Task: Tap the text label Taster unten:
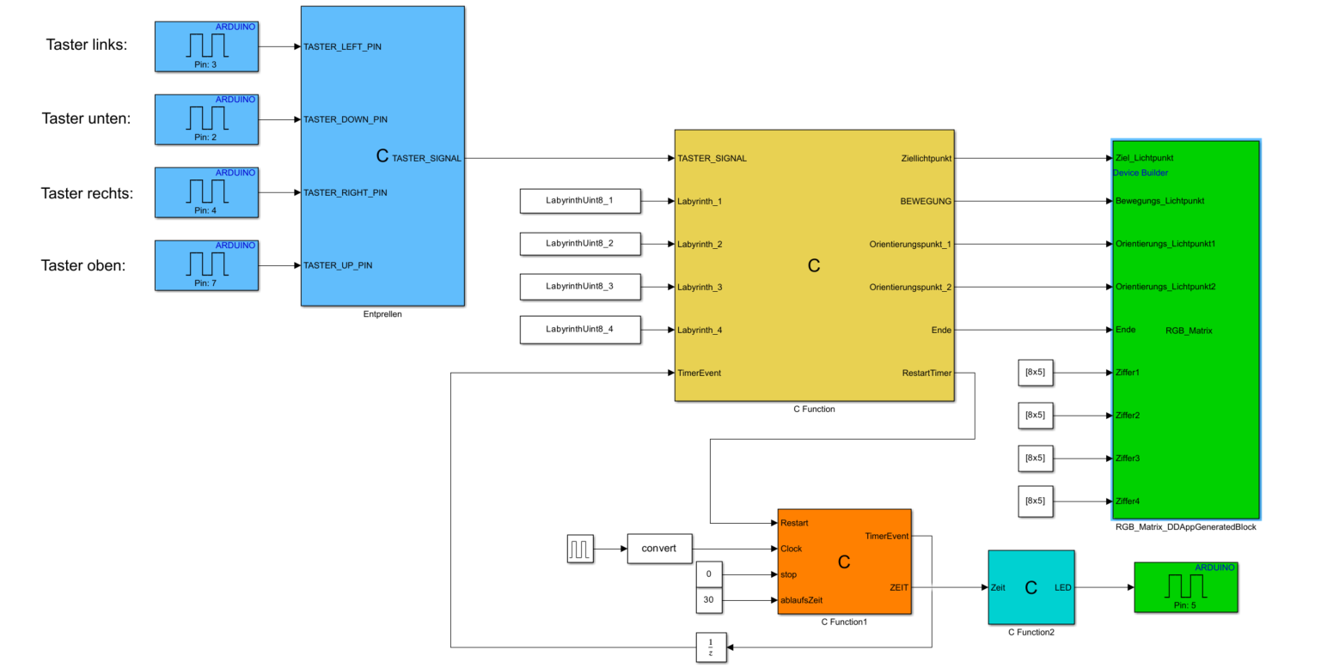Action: pyautogui.click(x=86, y=118)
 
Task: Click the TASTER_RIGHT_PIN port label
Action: pyautogui.click(x=345, y=192)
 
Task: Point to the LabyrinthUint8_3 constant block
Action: pyautogui.click(x=580, y=287)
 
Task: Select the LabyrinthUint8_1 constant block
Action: pyautogui.click(x=580, y=201)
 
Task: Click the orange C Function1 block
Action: pyautogui.click(x=844, y=562)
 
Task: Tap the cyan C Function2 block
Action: pyautogui.click(x=1031, y=588)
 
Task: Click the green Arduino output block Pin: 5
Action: pyautogui.click(x=1185, y=587)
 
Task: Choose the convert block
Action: pyautogui.click(x=659, y=548)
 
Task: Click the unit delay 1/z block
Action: pyautogui.click(x=711, y=647)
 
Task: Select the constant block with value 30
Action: pyautogui.click(x=709, y=600)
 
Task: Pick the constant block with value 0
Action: pyautogui.click(x=709, y=574)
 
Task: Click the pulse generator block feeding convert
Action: pyautogui.click(x=580, y=548)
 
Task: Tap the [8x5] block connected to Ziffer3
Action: pyautogui.click(x=1036, y=458)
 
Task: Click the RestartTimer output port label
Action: pyautogui.click(x=927, y=373)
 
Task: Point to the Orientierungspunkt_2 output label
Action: pyautogui.click(x=910, y=287)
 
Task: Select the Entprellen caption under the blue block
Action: pyautogui.click(x=382, y=314)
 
